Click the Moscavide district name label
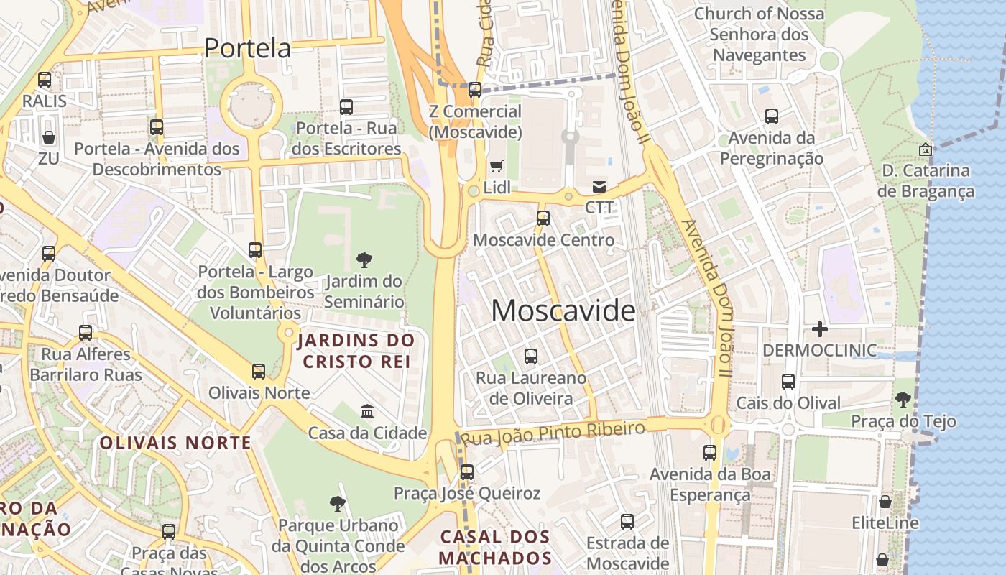563,310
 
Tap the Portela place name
247,48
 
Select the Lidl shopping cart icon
496,167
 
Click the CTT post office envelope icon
599,187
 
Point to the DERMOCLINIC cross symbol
819,329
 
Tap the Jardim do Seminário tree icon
364,259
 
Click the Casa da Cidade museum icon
367,412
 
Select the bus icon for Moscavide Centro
543,218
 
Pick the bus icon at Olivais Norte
259,372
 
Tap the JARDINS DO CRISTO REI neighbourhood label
356,350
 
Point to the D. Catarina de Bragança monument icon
926,149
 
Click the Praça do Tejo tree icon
903,400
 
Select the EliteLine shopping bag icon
885,502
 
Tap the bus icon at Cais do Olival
788,382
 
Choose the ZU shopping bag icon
49,137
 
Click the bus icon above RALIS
45,80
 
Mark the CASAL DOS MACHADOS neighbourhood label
495,547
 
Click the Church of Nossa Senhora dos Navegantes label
758,34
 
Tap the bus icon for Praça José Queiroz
467,472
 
